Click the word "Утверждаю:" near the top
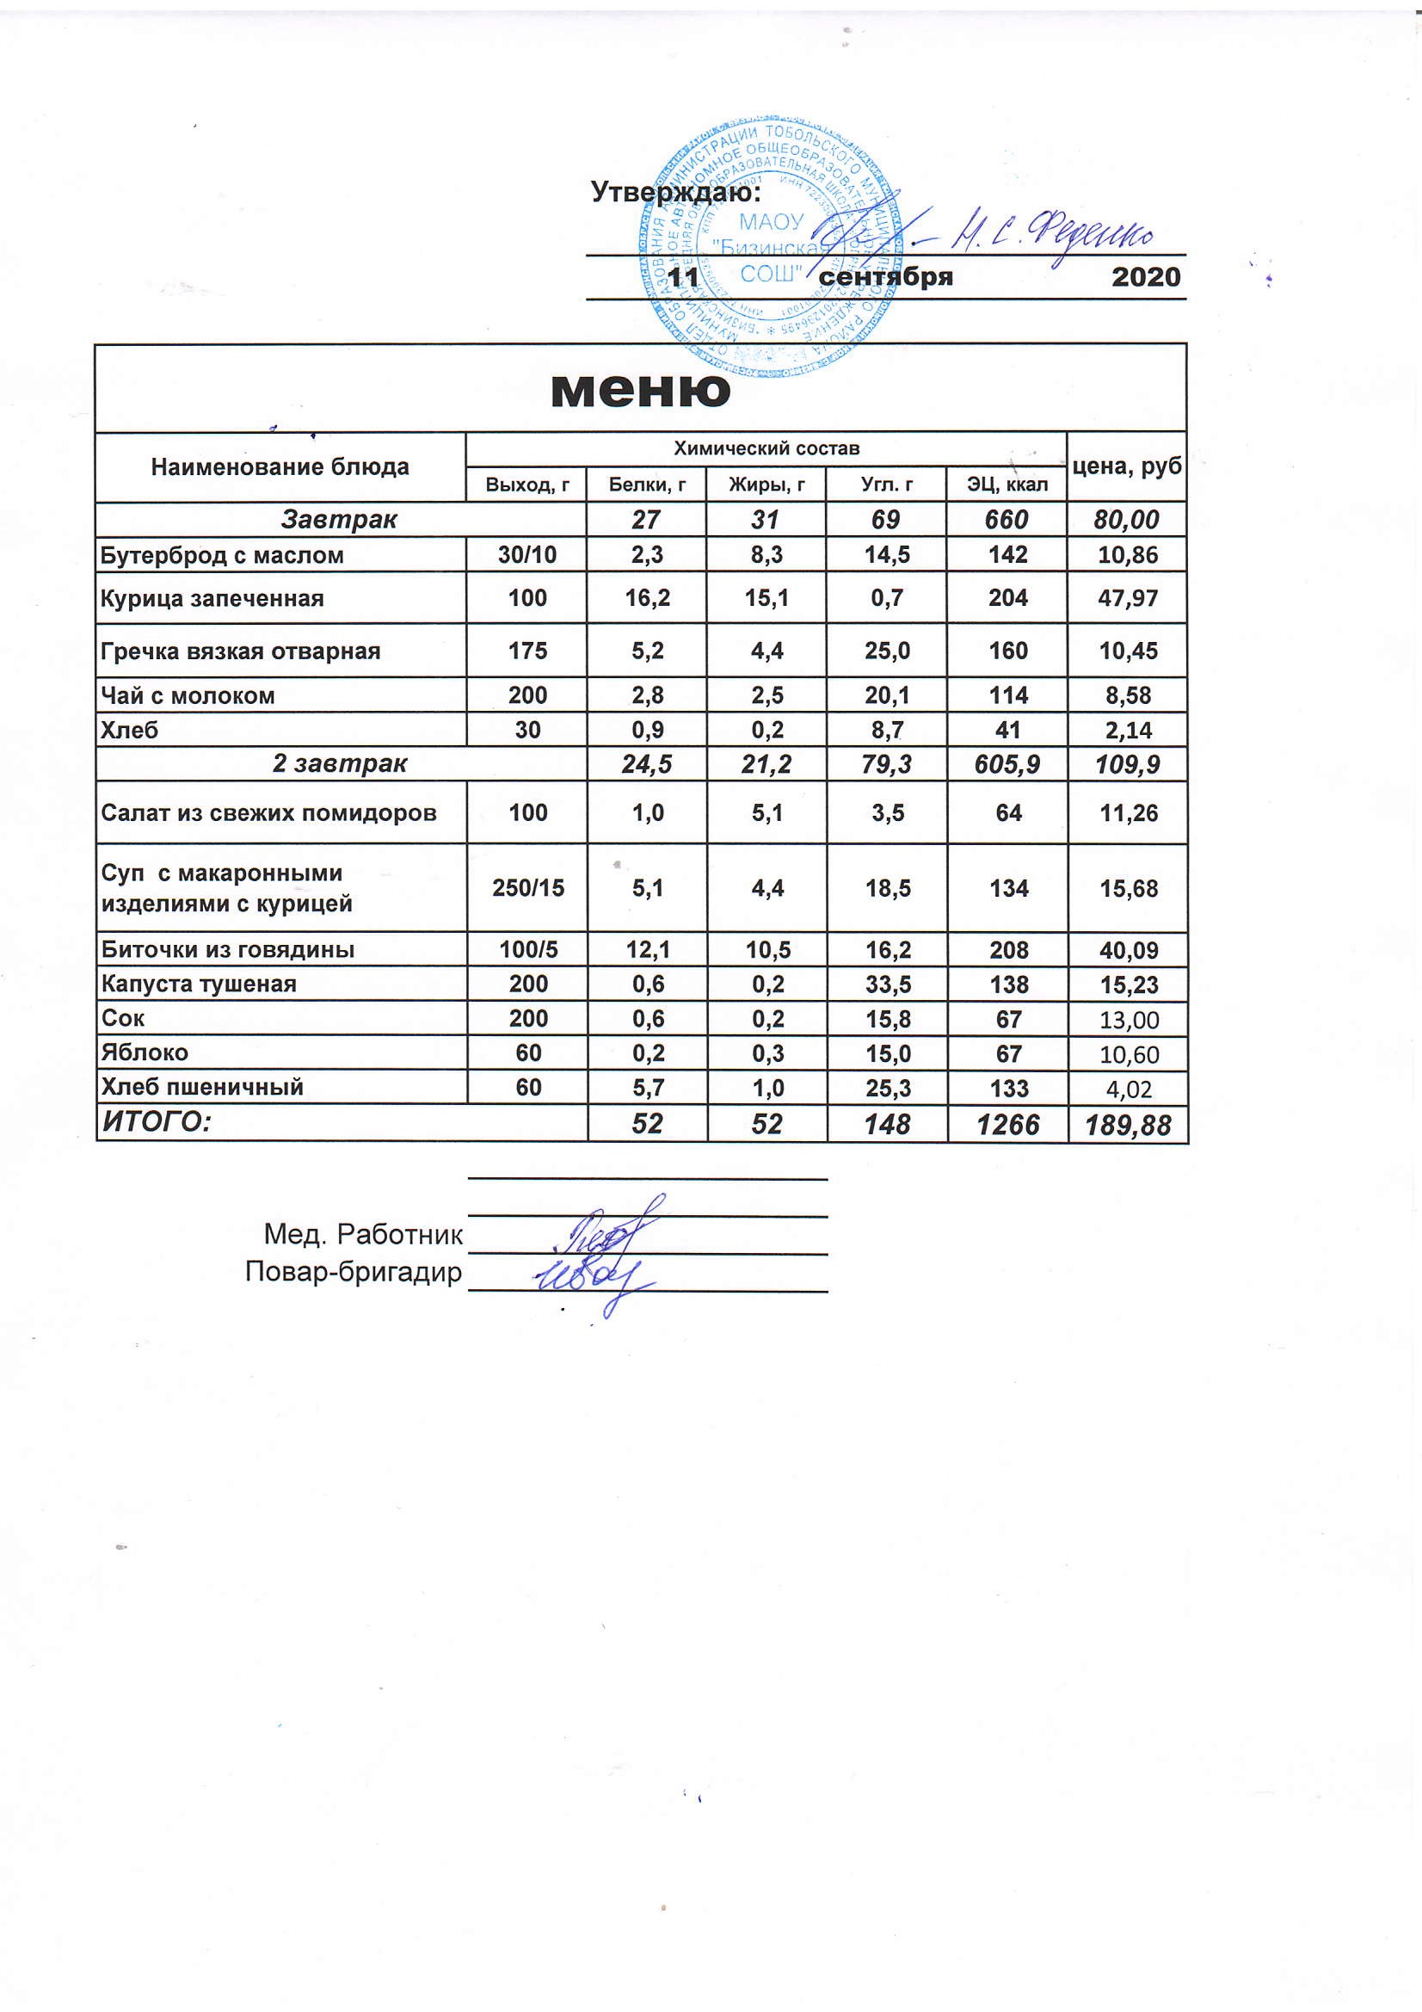[x=675, y=191]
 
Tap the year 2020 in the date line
[x=1146, y=277]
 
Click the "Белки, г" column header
[x=647, y=484]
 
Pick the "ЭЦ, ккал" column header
[x=1006, y=484]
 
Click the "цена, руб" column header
[x=1127, y=466]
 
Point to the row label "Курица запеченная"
[x=212, y=598]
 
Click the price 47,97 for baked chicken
[x=1128, y=598]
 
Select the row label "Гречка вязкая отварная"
[x=240, y=651]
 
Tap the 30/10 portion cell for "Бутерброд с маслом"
[x=526, y=555]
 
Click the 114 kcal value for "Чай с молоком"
[x=1007, y=696]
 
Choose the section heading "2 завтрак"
[x=340, y=764]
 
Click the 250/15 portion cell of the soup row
[x=527, y=889]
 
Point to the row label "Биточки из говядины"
[x=228, y=949]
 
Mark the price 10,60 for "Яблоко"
[x=1129, y=1053]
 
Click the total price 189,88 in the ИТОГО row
[x=1128, y=1125]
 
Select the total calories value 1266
[x=1007, y=1125]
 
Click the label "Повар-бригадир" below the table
[x=353, y=1272]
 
